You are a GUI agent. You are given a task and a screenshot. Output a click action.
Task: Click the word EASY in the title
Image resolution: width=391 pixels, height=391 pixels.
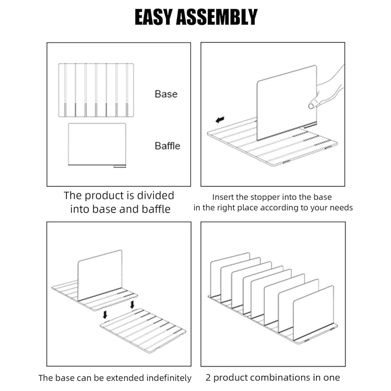point(154,17)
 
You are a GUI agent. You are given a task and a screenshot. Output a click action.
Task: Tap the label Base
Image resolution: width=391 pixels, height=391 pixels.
point(166,94)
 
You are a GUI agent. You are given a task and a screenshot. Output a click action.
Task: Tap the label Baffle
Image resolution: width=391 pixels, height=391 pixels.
point(167,146)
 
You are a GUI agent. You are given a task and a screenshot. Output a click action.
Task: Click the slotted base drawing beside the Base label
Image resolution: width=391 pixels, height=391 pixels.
point(96,90)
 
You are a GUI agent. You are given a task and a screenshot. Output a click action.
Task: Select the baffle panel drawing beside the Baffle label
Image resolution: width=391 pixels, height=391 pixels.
point(97,145)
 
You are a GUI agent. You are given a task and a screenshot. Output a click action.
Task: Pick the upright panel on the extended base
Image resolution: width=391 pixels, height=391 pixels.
point(100,275)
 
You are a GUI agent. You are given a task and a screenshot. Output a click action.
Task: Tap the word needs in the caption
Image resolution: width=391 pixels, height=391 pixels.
point(342,208)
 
